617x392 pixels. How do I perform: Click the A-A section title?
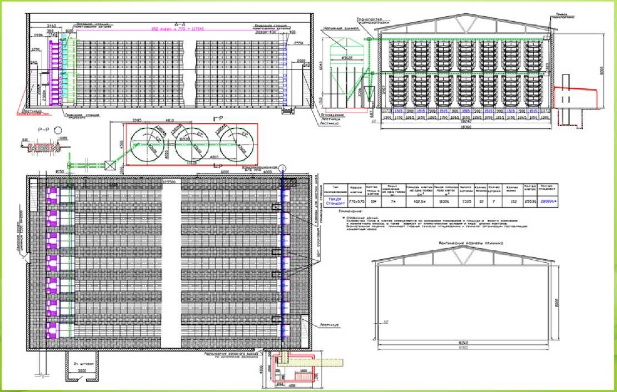(x=180, y=24)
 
